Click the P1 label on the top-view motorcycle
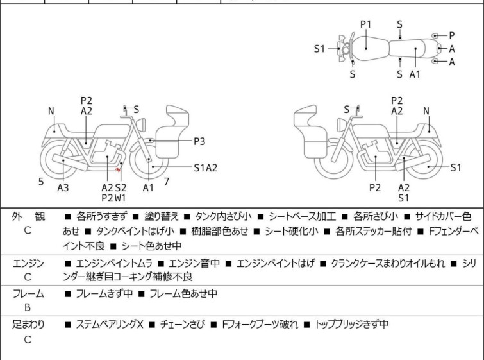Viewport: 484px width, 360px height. (x=365, y=24)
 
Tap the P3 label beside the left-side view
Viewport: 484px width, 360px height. (x=200, y=141)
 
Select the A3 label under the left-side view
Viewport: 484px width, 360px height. (x=63, y=188)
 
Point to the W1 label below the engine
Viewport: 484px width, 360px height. (x=121, y=198)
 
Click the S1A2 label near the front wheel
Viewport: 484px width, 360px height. (x=206, y=168)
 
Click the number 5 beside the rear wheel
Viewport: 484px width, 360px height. (x=41, y=182)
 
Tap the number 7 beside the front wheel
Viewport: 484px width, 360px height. (x=167, y=182)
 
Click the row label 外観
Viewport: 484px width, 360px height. (x=28, y=216)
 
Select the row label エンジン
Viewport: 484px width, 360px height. (x=28, y=263)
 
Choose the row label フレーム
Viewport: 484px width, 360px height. (x=28, y=294)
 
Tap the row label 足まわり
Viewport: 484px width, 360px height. (x=28, y=325)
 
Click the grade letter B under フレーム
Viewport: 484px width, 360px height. (x=28, y=308)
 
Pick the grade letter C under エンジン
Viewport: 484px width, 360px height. (x=28, y=277)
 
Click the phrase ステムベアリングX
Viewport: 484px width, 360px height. (x=109, y=325)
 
